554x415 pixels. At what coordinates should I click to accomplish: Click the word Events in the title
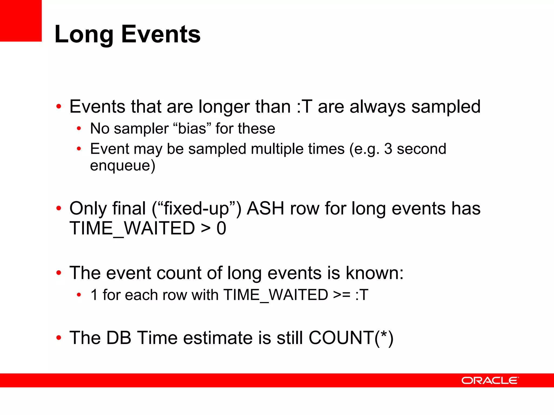pyautogui.click(x=161, y=34)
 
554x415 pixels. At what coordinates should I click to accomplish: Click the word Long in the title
pyautogui.click(x=84, y=34)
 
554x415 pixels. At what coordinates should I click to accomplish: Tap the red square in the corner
pyautogui.click(x=21, y=21)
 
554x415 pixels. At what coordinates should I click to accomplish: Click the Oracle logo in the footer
pyautogui.click(x=490, y=380)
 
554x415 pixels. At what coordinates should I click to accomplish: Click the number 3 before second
pyautogui.click(x=388, y=149)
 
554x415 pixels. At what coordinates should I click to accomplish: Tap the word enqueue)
pyautogui.click(x=123, y=165)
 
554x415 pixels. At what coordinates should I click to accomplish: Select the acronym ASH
pyautogui.click(x=265, y=209)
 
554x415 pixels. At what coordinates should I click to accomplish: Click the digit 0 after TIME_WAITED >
pyautogui.click(x=221, y=229)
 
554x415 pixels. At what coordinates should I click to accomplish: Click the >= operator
pyautogui.click(x=342, y=295)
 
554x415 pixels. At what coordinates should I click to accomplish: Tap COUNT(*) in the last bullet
pyautogui.click(x=351, y=338)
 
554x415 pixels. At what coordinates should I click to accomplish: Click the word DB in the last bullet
pyautogui.click(x=119, y=338)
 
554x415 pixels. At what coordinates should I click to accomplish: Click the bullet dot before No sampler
pyautogui.click(x=79, y=129)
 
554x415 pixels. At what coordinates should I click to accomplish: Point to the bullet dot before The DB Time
pyautogui.click(x=59, y=338)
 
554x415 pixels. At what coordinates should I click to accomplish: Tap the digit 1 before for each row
pyautogui.click(x=94, y=295)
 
